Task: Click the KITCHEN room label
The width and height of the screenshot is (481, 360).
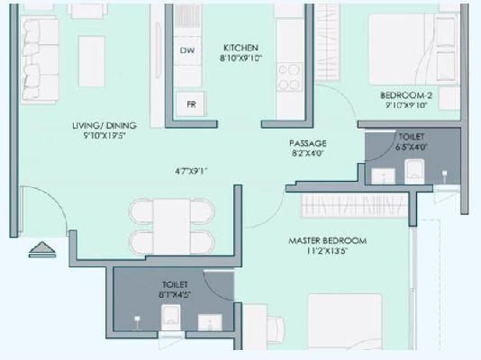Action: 241,48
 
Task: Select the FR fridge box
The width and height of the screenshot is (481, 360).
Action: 191,103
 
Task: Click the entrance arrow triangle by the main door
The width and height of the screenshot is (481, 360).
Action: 40,247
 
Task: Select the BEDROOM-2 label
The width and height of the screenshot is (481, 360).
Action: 406,95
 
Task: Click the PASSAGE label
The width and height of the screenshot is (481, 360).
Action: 307,143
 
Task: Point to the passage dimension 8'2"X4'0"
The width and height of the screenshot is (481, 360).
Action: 307,154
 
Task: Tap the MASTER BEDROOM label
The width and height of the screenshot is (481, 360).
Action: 327,241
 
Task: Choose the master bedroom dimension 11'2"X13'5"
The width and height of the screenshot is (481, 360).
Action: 327,253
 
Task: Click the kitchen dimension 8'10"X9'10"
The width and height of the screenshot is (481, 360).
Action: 241,59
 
